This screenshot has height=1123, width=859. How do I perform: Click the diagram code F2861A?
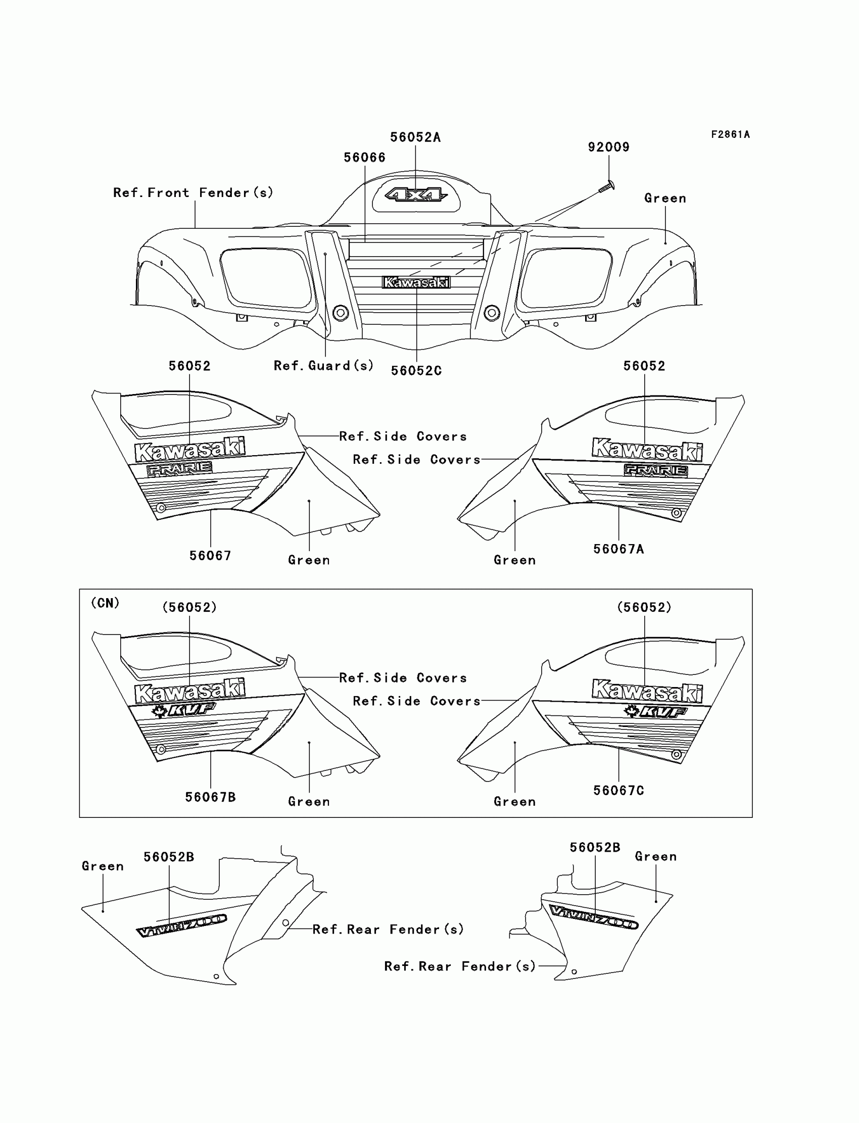[730, 134]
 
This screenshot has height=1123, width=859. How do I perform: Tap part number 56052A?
[415, 137]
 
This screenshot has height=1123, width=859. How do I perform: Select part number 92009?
[608, 147]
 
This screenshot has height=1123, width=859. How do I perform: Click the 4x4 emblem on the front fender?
[416, 195]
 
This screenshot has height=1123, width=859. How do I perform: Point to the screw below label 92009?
[606, 187]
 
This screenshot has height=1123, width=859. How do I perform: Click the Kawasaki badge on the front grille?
[416, 282]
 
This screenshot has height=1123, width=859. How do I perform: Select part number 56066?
[364, 158]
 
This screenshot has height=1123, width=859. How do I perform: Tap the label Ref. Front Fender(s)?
[193, 192]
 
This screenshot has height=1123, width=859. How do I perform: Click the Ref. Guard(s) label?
[324, 365]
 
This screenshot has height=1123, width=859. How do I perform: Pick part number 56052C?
[416, 371]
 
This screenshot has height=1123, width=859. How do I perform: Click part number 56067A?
[618, 549]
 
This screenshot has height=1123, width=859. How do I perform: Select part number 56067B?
[210, 797]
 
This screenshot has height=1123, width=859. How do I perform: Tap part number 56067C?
[618, 790]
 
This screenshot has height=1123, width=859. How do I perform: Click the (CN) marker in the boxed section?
[105, 603]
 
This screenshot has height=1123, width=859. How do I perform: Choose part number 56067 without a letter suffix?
[210, 556]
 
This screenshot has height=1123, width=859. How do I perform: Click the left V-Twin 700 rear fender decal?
[181, 925]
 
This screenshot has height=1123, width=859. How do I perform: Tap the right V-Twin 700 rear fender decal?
[594, 917]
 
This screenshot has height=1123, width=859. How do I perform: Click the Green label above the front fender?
[664, 199]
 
